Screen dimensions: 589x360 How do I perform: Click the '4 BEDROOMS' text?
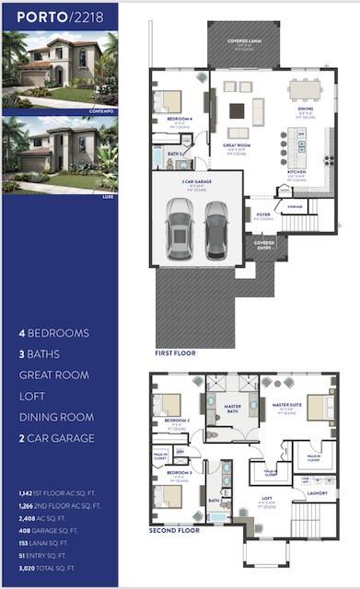point(54,332)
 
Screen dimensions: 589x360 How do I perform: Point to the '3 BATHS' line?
point(44,353)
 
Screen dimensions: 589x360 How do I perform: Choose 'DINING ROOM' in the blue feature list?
point(57,417)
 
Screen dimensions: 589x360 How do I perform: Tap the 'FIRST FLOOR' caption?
point(176,352)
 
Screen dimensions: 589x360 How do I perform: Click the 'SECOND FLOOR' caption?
point(175,531)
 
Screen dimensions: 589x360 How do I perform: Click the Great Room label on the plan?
point(237,147)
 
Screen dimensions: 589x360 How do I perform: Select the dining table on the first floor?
point(305,89)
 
